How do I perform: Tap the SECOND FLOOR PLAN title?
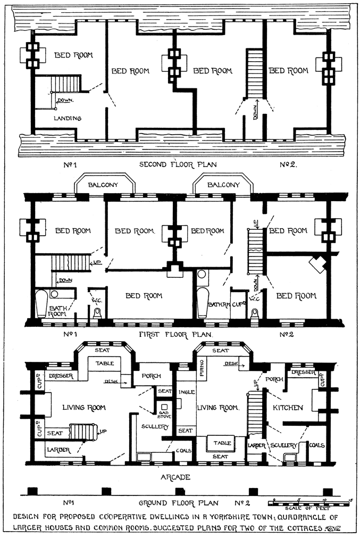(178, 164)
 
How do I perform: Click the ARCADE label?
(175, 477)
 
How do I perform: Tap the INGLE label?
(186, 392)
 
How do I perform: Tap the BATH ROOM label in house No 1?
(58, 311)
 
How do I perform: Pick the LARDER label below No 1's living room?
(58, 450)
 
